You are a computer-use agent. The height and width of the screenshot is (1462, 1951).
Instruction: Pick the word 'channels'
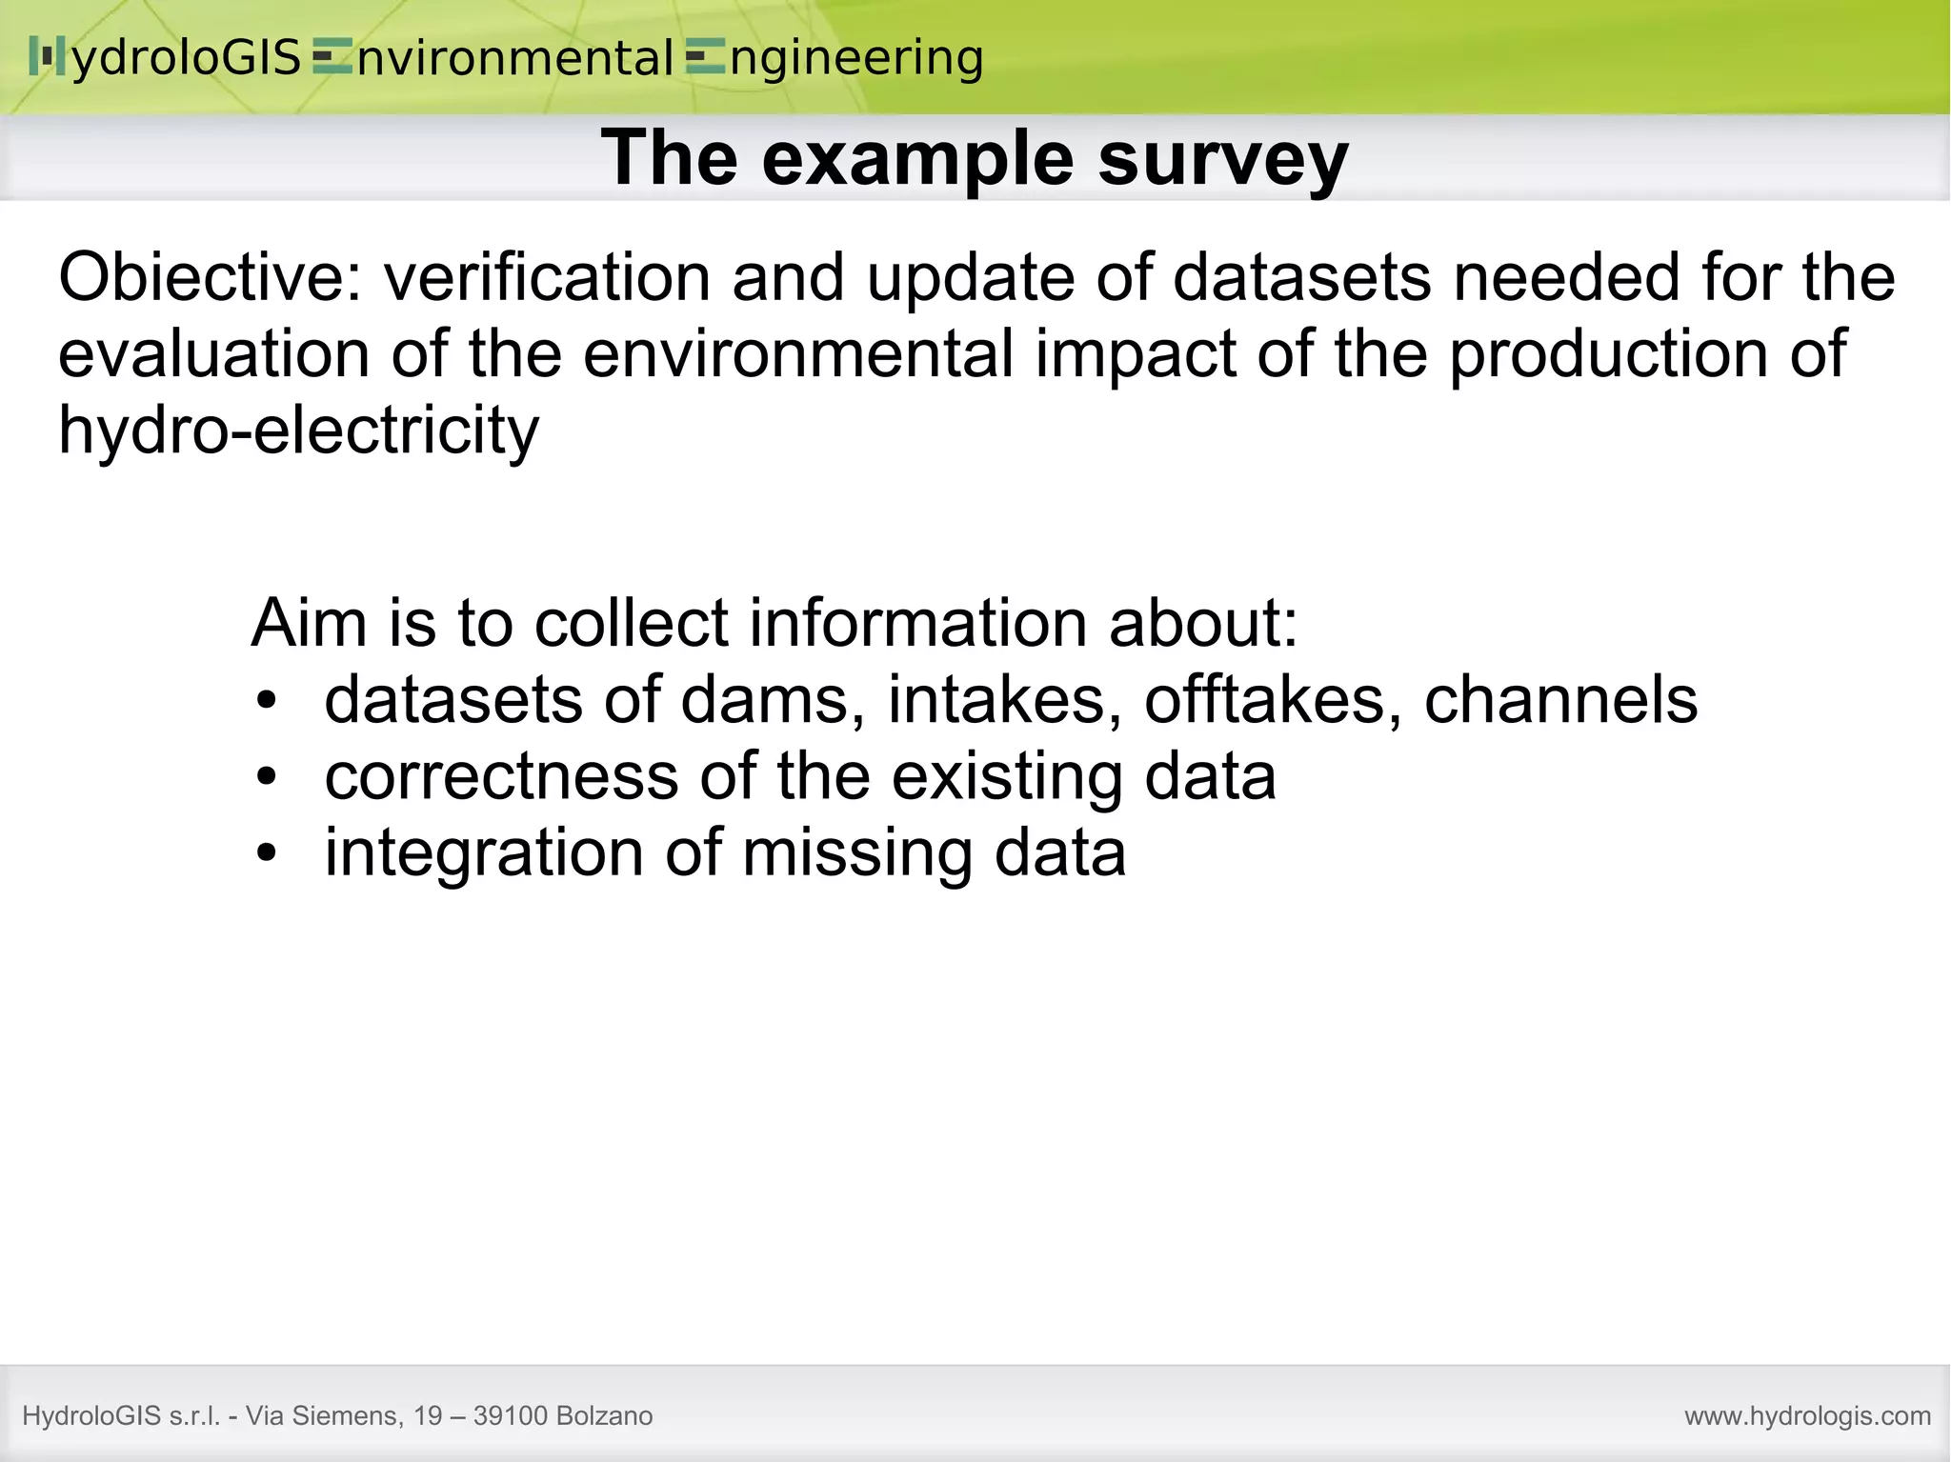(1560, 700)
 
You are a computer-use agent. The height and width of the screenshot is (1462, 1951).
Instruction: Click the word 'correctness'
(501, 776)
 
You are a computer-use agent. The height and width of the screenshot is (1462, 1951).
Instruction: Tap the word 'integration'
(484, 852)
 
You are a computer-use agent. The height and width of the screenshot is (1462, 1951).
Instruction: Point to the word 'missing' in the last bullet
(857, 852)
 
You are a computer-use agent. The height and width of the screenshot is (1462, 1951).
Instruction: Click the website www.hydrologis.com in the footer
(1807, 1416)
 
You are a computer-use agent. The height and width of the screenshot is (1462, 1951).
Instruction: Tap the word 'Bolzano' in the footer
(604, 1416)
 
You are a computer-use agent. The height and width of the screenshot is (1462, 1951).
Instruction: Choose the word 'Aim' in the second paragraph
(309, 623)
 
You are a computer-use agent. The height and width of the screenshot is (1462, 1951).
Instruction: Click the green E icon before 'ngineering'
(705, 59)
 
